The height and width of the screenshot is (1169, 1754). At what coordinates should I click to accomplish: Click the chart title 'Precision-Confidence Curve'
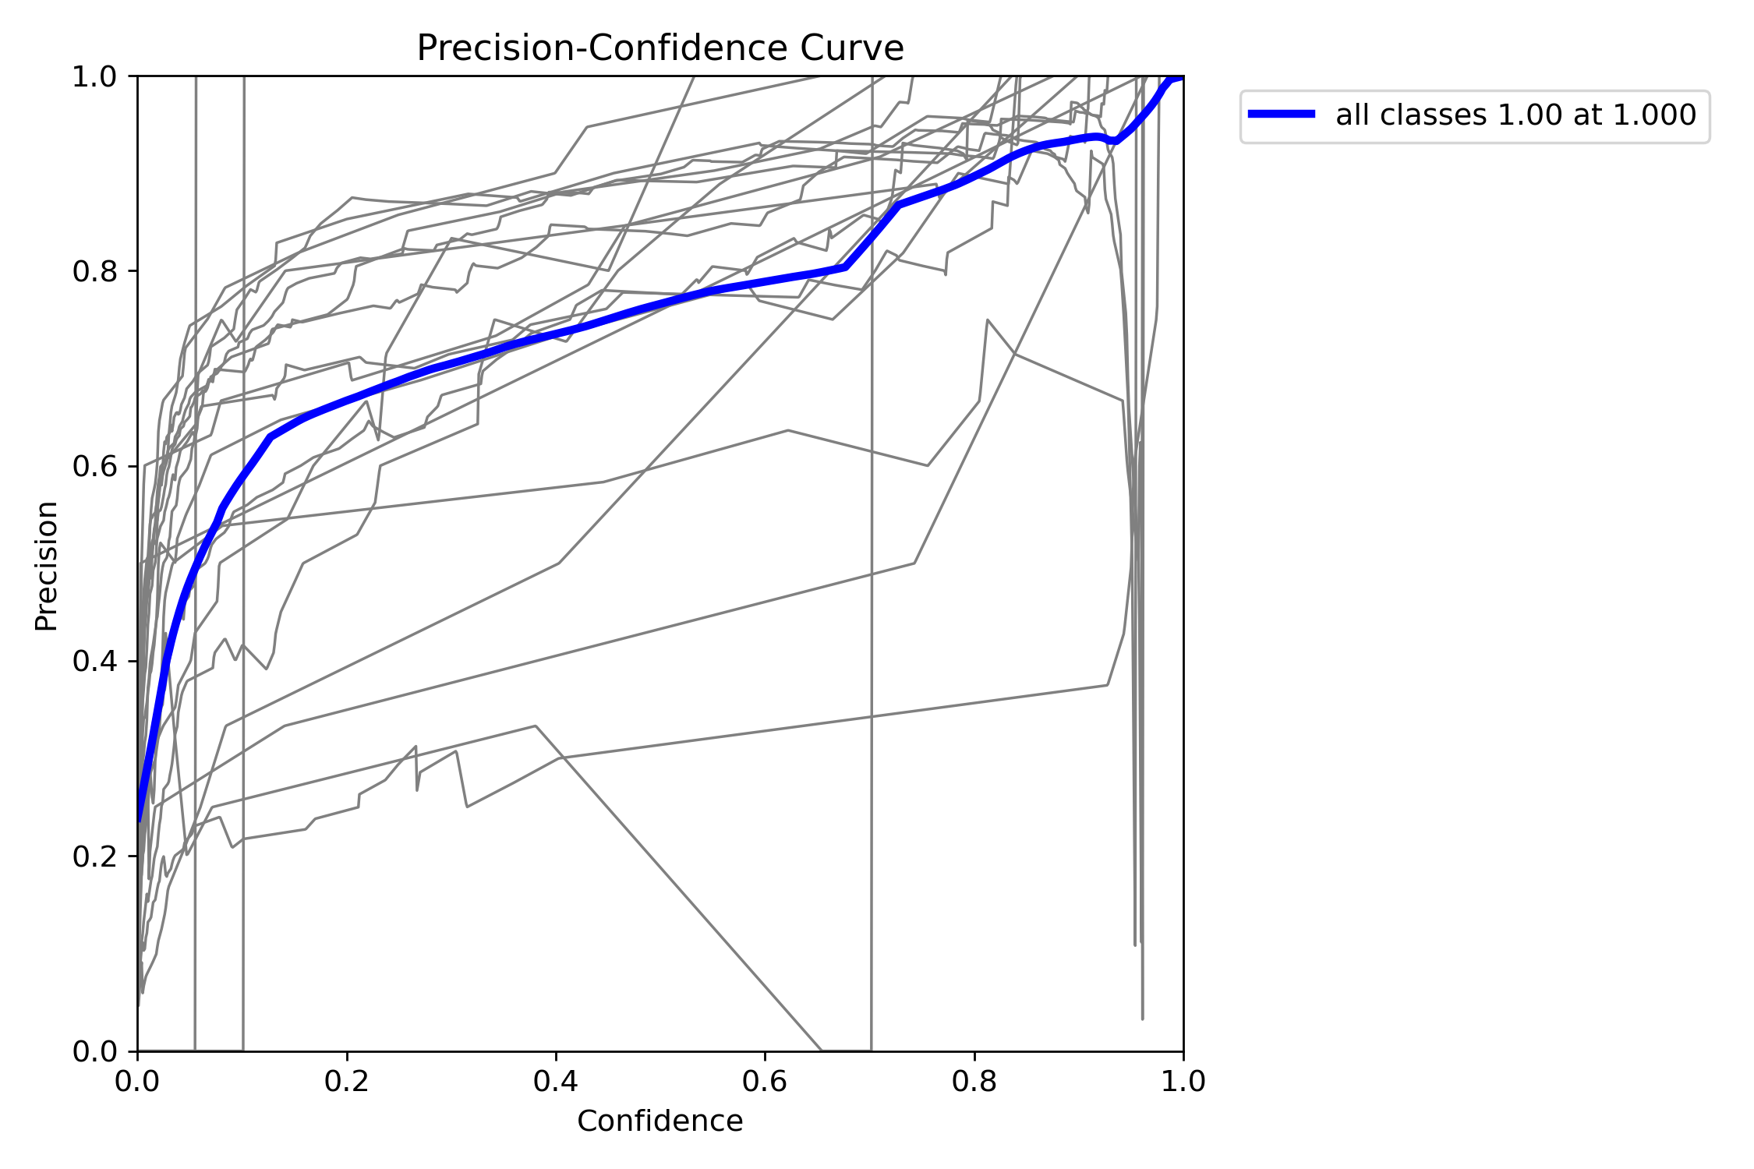(x=660, y=48)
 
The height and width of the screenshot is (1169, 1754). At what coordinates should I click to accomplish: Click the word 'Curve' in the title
(x=852, y=48)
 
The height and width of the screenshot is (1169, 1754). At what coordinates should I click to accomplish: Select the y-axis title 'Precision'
(x=47, y=565)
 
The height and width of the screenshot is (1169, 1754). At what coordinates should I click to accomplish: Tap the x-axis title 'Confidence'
(x=660, y=1121)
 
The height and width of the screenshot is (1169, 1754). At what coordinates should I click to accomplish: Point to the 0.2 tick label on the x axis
(x=347, y=1081)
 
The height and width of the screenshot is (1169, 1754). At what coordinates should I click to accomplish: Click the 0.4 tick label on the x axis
(x=556, y=1081)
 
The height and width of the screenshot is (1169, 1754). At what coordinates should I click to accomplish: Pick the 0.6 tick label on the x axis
(x=765, y=1081)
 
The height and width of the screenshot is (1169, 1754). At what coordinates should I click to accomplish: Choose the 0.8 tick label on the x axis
(x=974, y=1081)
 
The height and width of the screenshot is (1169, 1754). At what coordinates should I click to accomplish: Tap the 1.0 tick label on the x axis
(x=1183, y=1081)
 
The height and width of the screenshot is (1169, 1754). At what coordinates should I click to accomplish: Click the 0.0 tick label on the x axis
(x=138, y=1081)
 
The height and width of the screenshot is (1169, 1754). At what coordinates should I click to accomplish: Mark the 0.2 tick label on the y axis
(x=95, y=856)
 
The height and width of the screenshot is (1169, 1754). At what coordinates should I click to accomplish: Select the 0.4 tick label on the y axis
(x=95, y=662)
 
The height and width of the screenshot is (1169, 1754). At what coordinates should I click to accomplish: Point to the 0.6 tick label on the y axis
(x=95, y=467)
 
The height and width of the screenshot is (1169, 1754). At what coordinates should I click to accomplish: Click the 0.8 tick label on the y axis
(x=95, y=272)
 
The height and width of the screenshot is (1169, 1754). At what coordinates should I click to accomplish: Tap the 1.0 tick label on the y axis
(x=95, y=77)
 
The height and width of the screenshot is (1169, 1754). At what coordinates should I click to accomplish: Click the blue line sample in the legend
(x=1282, y=115)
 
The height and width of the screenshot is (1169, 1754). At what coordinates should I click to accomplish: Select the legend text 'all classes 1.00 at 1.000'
(x=1516, y=115)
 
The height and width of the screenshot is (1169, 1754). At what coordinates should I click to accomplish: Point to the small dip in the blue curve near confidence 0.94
(x=1116, y=141)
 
